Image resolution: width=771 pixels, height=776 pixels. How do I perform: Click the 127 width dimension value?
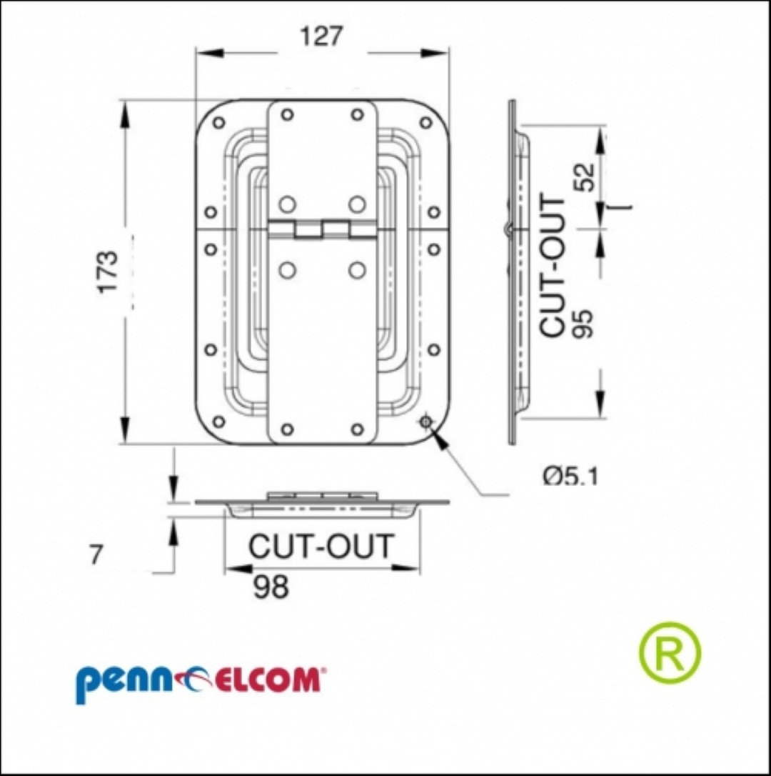coord(321,36)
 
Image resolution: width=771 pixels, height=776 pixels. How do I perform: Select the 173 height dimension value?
coord(109,272)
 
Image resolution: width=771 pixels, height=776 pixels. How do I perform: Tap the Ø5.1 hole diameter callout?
coord(570,476)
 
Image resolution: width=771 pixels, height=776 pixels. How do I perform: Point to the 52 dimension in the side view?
coord(585,176)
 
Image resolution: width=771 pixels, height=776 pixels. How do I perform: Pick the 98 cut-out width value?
coord(271,587)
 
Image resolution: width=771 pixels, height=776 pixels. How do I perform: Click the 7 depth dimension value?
coord(96,554)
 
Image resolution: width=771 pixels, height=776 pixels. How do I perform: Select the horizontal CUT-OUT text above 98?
coord(321,546)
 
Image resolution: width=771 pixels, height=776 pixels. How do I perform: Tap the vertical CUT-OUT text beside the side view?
coord(553,267)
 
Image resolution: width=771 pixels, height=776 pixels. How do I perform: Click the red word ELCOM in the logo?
coord(268,680)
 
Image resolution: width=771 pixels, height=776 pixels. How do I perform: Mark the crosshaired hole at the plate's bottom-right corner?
coord(425,422)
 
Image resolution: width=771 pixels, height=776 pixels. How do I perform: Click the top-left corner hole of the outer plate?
coord(218,122)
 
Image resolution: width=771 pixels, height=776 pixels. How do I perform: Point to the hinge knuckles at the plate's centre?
coord(321,230)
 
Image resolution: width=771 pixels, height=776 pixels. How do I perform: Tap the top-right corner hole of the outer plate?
coord(425,122)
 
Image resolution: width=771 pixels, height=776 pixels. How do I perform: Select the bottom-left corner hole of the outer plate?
coord(218,422)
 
